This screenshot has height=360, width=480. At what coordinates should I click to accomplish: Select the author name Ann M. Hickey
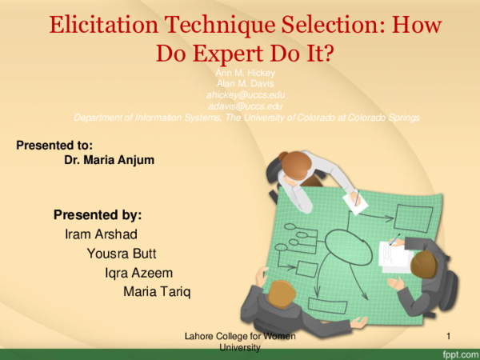tap(246, 73)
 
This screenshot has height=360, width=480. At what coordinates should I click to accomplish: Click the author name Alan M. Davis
tap(246, 83)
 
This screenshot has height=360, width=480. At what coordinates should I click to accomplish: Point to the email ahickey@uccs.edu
tap(246, 94)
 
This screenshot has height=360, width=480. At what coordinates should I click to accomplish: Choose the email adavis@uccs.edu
tap(246, 106)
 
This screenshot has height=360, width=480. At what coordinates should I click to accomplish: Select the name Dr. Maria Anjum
tap(109, 160)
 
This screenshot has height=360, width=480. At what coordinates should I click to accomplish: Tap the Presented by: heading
tap(98, 215)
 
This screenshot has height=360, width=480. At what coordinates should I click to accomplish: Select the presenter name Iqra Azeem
tap(138, 273)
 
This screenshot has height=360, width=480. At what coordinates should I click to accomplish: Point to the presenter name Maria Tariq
tap(157, 291)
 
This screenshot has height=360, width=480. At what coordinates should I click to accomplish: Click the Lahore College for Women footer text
tap(240, 337)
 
